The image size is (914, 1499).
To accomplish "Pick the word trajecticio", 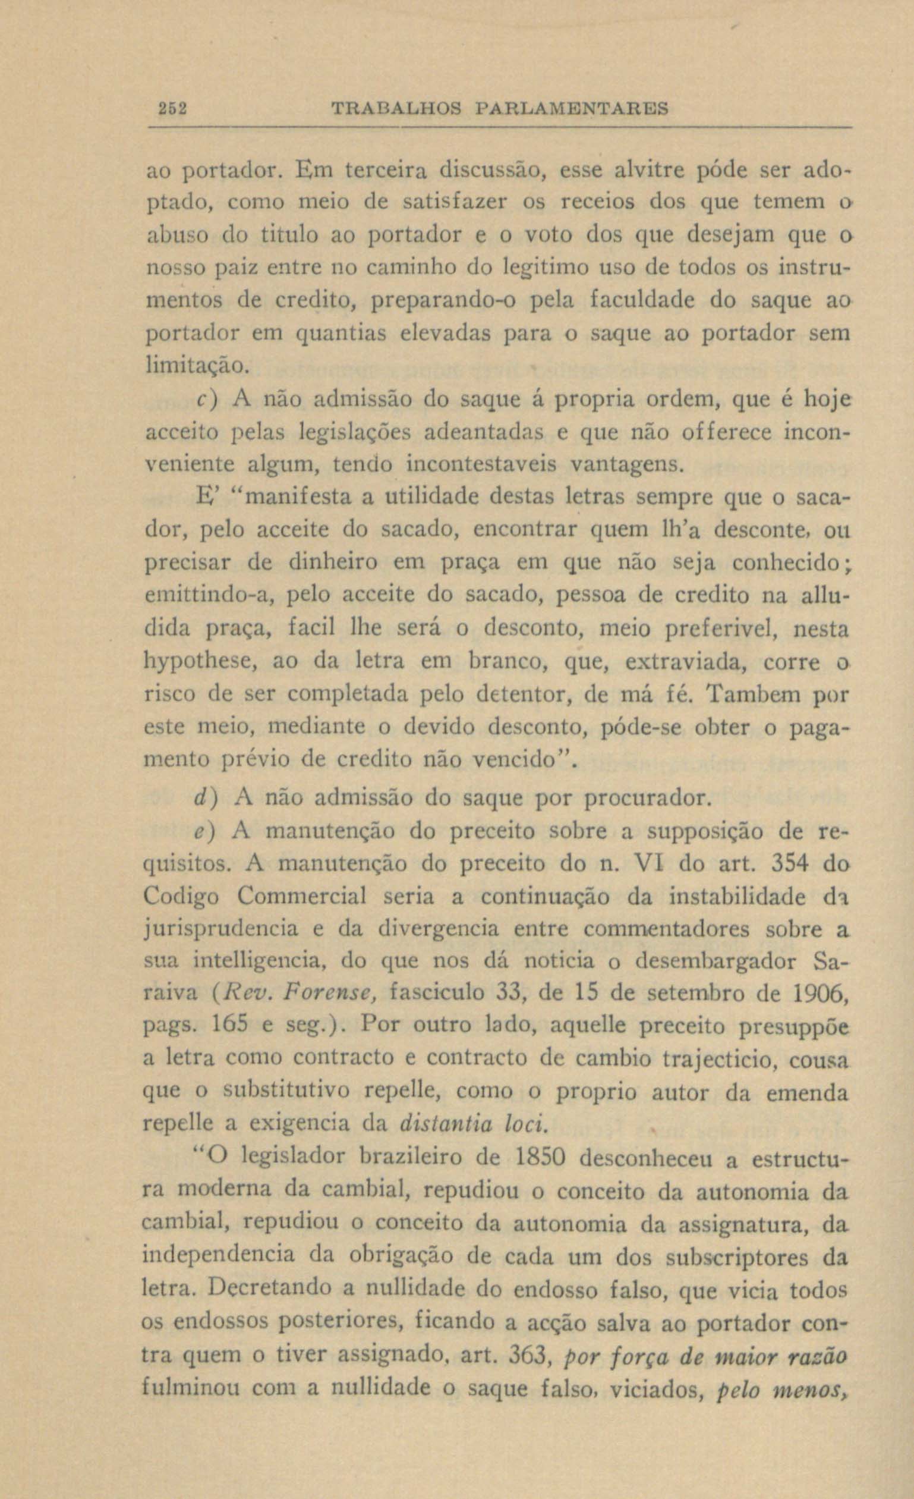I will [x=721, y=1059].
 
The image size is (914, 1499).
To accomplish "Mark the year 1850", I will [x=540, y=1158].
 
